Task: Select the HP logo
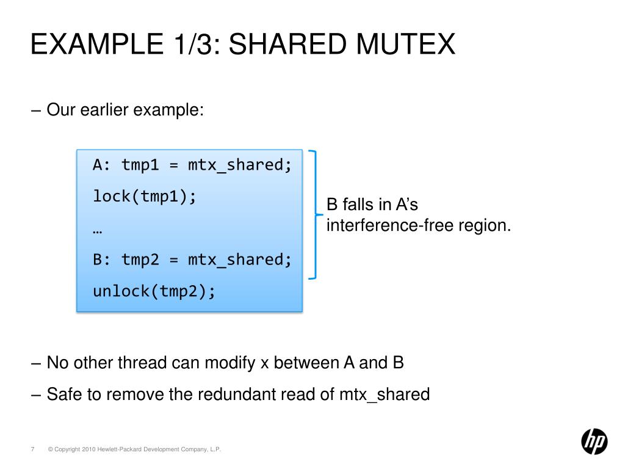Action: [x=594, y=441]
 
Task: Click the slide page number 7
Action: [x=31, y=449]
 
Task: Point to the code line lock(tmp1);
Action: [x=145, y=197]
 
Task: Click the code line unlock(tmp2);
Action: [x=154, y=291]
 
